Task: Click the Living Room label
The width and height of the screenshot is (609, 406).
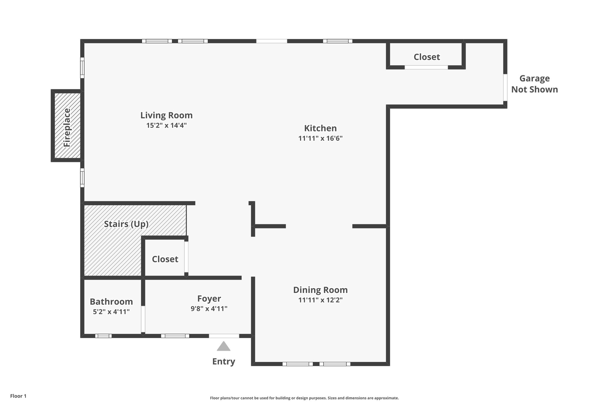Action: click(x=166, y=115)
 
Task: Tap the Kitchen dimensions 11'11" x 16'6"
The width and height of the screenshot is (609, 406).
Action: click(x=320, y=138)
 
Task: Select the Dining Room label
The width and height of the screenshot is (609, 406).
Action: click(x=320, y=290)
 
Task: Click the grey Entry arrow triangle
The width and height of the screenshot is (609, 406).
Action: click(x=224, y=347)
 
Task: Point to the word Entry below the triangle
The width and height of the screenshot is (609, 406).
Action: click(x=224, y=361)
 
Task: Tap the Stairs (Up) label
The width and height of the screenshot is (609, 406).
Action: click(x=126, y=224)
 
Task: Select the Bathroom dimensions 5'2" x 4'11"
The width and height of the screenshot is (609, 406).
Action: click(x=111, y=312)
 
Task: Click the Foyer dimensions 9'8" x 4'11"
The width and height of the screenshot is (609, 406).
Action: click(x=209, y=309)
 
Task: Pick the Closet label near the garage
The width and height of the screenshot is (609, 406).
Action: click(x=426, y=57)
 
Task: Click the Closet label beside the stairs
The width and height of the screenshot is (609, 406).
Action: click(x=165, y=259)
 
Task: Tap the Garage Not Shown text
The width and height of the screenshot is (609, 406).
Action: click(x=534, y=84)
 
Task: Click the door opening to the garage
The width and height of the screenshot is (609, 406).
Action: click(x=505, y=87)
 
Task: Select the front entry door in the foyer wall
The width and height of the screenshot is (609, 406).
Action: click(x=224, y=336)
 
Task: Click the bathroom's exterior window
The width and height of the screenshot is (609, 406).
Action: click(x=103, y=336)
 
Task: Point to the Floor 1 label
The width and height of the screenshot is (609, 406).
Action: click(x=18, y=396)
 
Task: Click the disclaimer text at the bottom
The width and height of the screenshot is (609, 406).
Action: click(x=304, y=398)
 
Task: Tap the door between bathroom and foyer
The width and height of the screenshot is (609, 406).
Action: click(x=143, y=319)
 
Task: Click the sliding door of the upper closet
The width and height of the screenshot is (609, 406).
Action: click(x=426, y=68)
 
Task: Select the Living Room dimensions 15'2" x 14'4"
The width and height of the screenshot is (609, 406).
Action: click(x=166, y=125)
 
